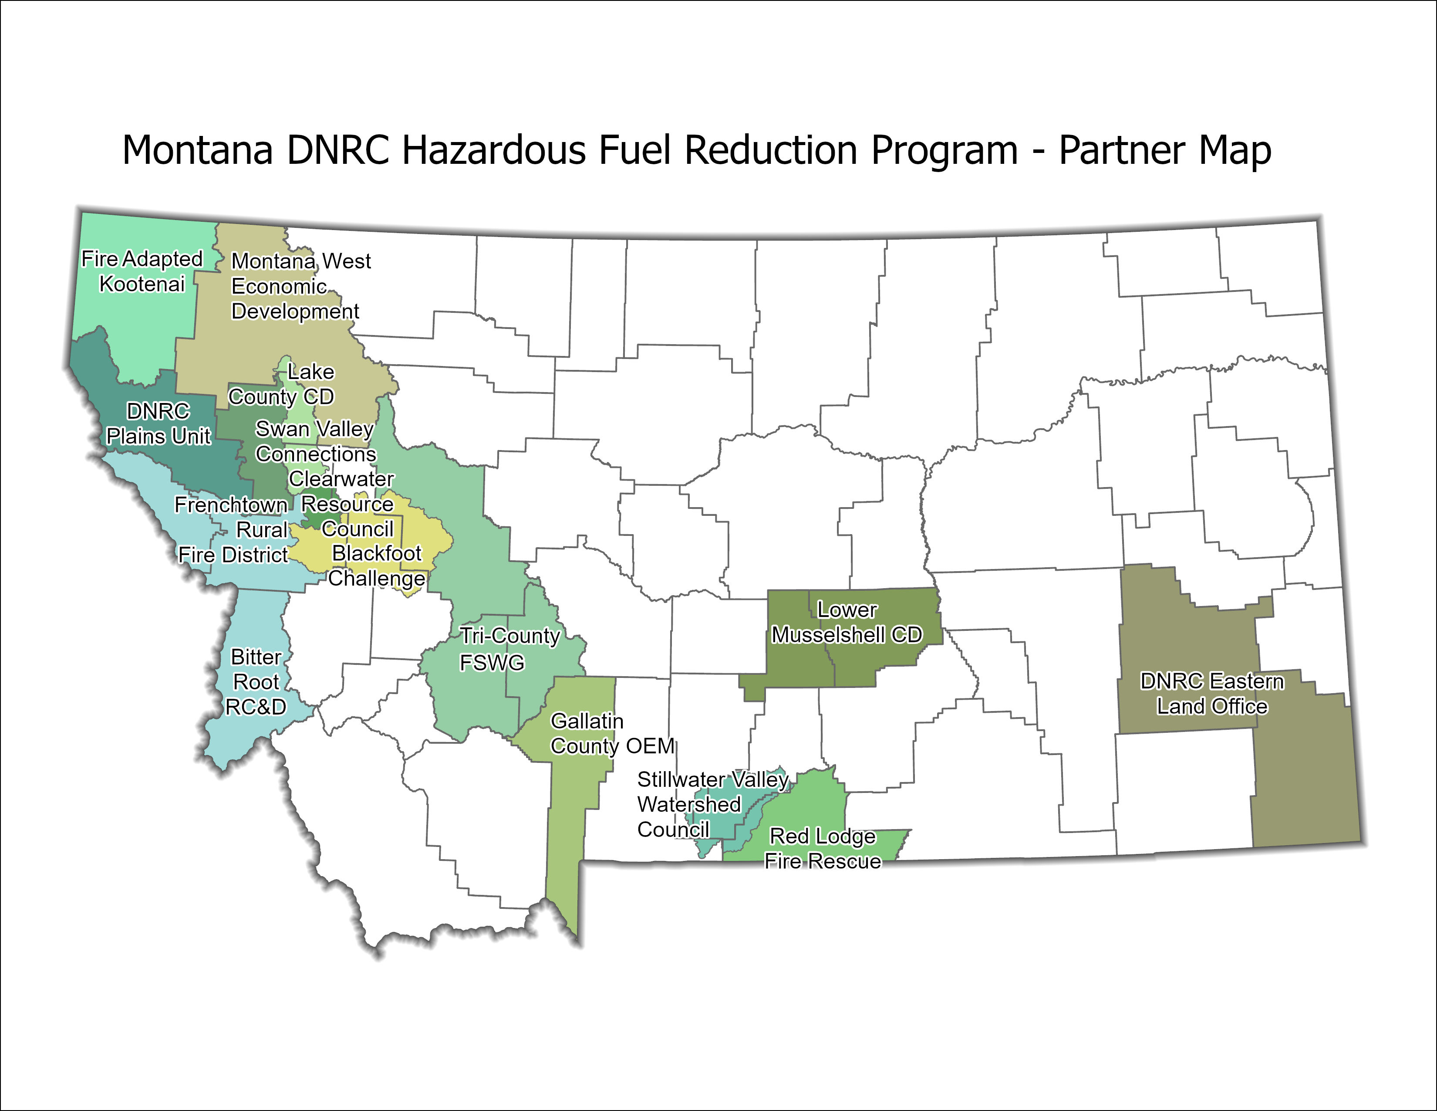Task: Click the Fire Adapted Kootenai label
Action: pos(142,271)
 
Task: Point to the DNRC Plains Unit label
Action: pos(159,423)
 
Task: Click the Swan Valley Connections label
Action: pos(315,441)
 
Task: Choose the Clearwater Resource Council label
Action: pos(345,504)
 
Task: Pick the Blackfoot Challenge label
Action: pos(376,566)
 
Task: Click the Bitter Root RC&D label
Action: pos(256,682)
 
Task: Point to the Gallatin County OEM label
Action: pos(612,733)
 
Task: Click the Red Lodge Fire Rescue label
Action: pos(823,848)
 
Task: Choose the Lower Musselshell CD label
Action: pos(847,622)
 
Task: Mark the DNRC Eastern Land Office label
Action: pos(1212,693)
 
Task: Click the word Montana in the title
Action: pos(197,151)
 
